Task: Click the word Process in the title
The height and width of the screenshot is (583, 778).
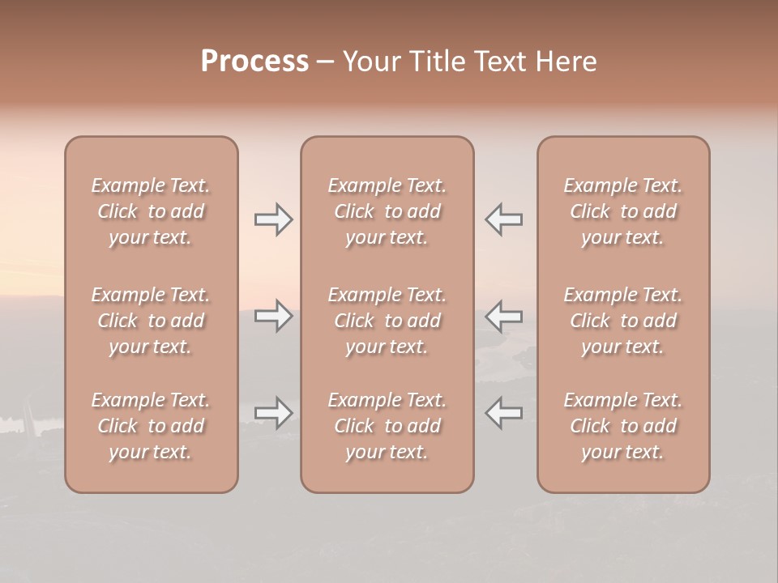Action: (x=254, y=62)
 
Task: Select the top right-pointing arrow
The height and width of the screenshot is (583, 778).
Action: (x=273, y=219)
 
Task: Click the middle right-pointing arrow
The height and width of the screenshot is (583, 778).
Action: (x=273, y=316)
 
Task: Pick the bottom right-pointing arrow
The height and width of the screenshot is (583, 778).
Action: (x=273, y=413)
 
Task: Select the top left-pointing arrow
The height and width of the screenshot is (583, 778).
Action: (x=503, y=219)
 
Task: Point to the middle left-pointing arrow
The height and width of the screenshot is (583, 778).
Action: (x=503, y=316)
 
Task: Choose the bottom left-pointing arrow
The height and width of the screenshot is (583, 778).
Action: (x=503, y=413)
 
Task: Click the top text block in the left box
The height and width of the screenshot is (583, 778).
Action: (x=151, y=211)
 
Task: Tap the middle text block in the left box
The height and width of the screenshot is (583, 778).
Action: (x=151, y=321)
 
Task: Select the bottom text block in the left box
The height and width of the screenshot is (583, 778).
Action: (x=151, y=426)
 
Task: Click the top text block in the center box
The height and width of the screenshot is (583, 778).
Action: (x=387, y=211)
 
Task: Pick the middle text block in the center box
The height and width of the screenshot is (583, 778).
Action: (x=387, y=321)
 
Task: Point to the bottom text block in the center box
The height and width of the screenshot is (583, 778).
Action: (x=387, y=426)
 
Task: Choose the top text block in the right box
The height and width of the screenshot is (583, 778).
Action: (x=623, y=211)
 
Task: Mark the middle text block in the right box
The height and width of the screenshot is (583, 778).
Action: (x=623, y=321)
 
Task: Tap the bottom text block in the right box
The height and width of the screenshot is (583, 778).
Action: (x=623, y=426)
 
